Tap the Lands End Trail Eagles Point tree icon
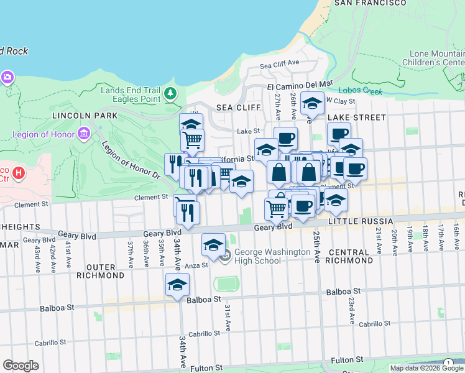(170, 94)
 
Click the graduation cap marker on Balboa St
(177, 285)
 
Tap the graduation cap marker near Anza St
(213, 245)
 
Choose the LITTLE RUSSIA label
(361, 221)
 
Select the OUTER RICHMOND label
(96, 271)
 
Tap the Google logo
(21, 365)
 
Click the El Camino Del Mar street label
(300, 83)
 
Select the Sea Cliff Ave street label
(280, 64)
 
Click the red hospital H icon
(19, 172)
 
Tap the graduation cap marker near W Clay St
(312, 103)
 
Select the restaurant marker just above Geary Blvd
(187, 213)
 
